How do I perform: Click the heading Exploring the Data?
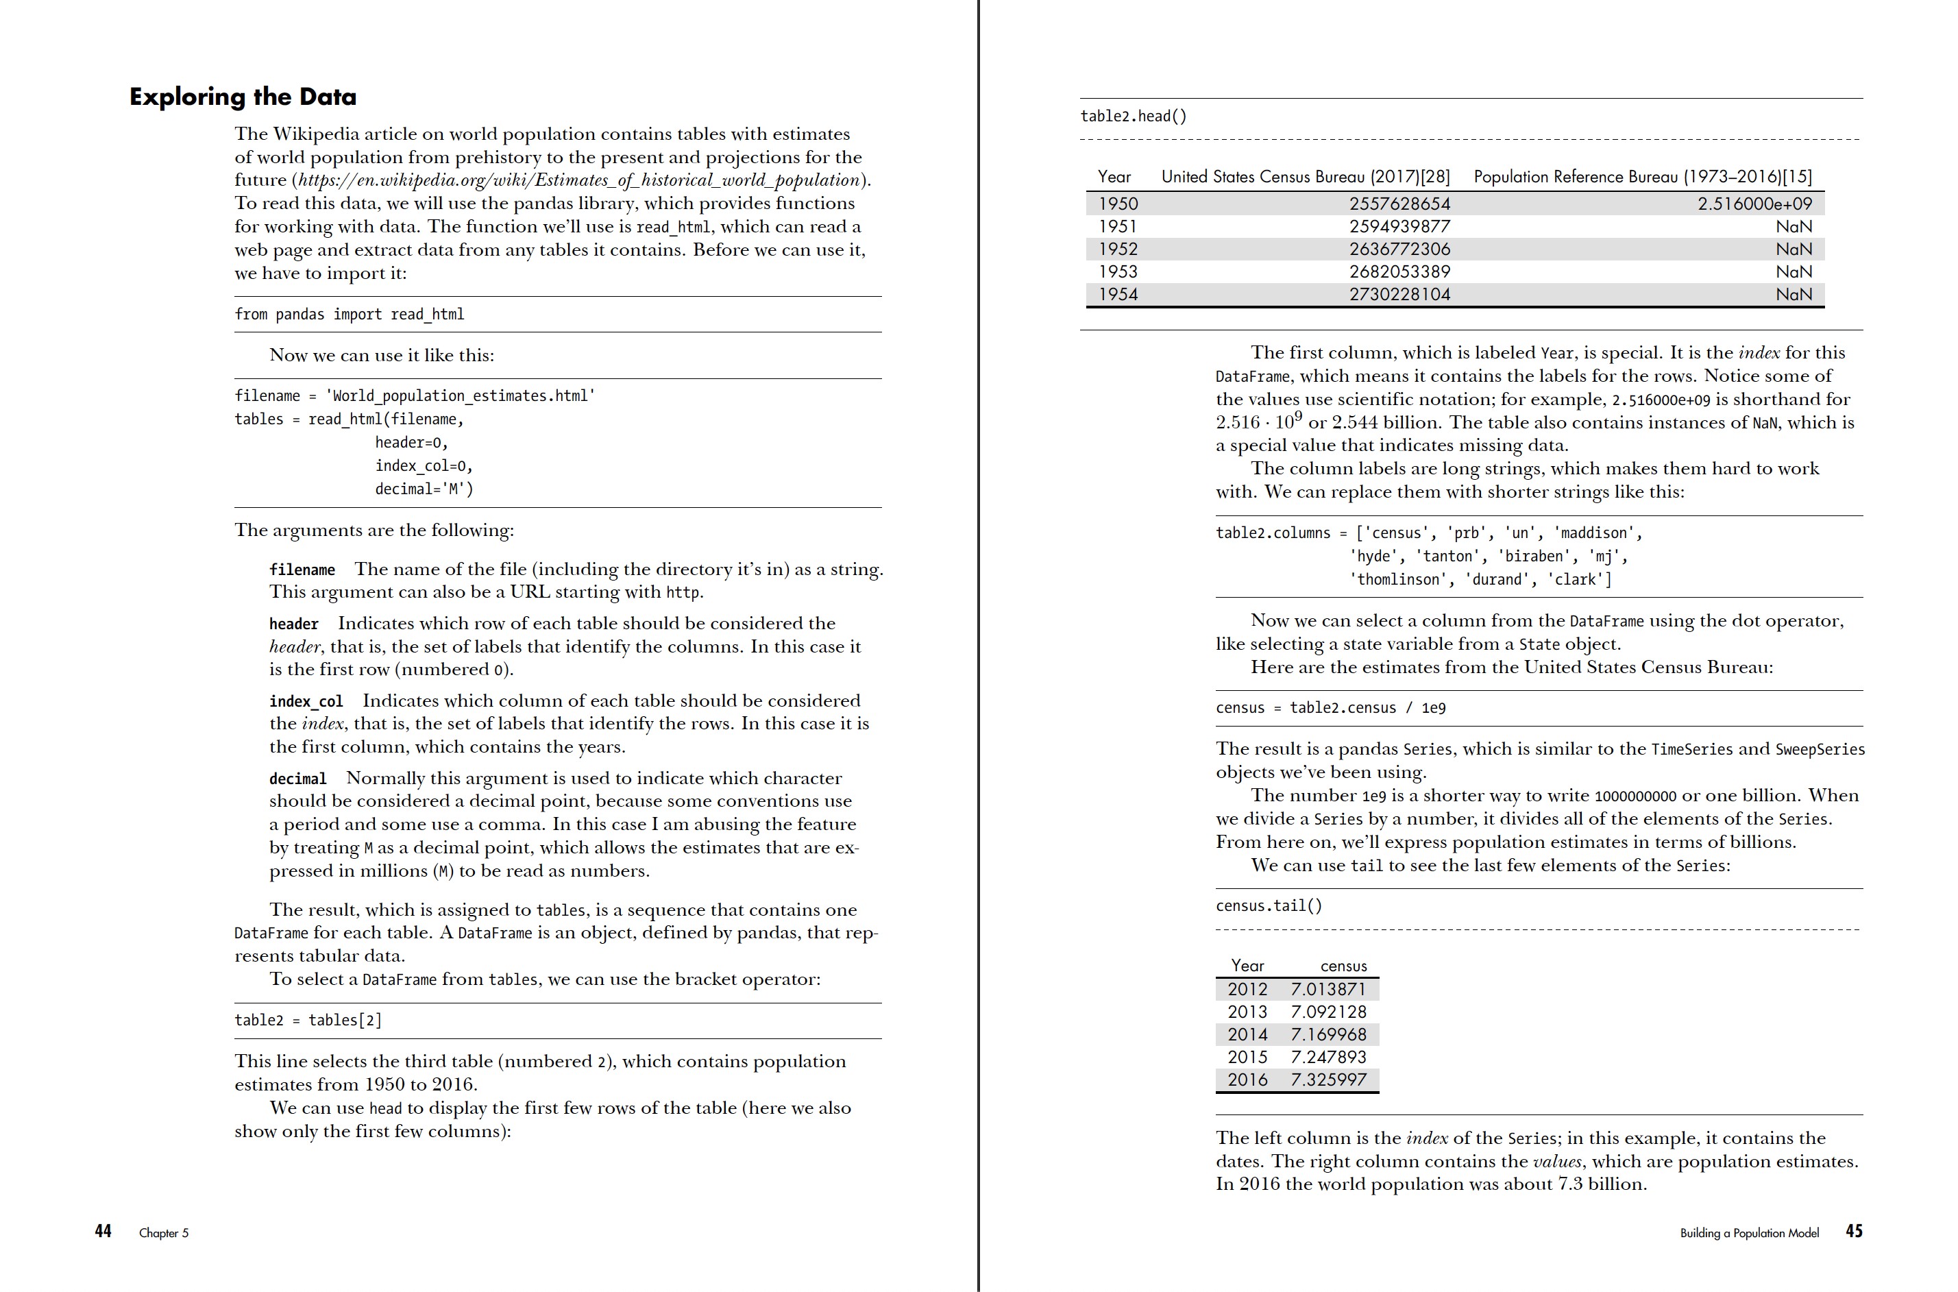(x=243, y=97)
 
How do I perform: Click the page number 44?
(x=103, y=1231)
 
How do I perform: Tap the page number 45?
(x=1853, y=1231)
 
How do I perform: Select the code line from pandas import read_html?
(x=350, y=314)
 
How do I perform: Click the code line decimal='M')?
(x=424, y=489)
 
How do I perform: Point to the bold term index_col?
(x=306, y=701)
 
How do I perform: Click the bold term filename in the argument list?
(x=302, y=570)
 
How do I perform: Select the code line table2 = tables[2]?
(x=308, y=1020)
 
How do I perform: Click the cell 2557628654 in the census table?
(x=1399, y=204)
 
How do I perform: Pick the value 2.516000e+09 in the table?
(x=1754, y=204)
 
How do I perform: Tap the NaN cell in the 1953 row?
(x=1794, y=272)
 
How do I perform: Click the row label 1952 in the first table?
(x=1118, y=249)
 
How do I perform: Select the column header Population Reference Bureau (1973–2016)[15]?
(x=1641, y=176)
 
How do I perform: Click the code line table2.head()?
(x=1134, y=117)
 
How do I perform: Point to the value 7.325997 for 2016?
(x=1328, y=1080)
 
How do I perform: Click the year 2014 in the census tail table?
(x=1247, y=1034)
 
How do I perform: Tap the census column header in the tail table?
(x=1343, y=966)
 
